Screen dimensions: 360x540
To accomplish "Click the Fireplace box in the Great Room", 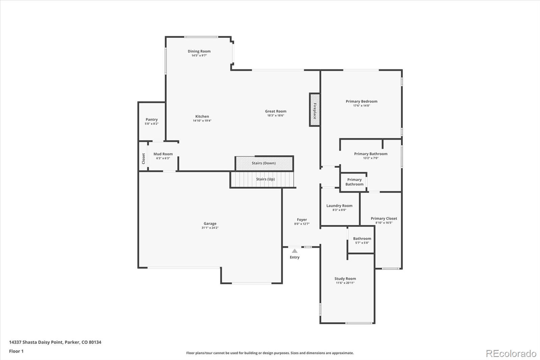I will point(315,110).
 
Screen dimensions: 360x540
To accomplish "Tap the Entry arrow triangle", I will point(295,251).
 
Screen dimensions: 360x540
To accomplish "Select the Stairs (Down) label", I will point(264,163).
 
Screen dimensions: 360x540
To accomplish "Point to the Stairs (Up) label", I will point(265,179).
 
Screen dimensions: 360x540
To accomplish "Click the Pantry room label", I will point(152,120).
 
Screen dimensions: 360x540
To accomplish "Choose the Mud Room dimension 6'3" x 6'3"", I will point(163,158).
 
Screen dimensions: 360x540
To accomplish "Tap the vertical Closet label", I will point(143,158).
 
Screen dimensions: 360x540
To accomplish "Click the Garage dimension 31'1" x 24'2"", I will point(210,228).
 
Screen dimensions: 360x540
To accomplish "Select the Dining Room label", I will point(199,51).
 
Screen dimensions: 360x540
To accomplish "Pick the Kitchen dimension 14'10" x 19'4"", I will point(202,121).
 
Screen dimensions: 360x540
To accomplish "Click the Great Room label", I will point(275,111).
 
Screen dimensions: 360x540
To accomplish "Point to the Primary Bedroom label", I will point(361,101).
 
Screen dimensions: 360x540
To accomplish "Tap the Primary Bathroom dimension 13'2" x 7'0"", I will point(371,158).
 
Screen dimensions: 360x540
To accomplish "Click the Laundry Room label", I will point(339,206).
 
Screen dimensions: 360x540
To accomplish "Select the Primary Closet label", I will point(384,218).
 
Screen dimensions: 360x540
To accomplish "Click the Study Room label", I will point(345,279).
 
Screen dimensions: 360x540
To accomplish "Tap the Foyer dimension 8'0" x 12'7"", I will point(302,224).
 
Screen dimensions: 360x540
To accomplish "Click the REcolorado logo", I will point(511,354).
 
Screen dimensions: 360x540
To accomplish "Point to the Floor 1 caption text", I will point(16,351).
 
